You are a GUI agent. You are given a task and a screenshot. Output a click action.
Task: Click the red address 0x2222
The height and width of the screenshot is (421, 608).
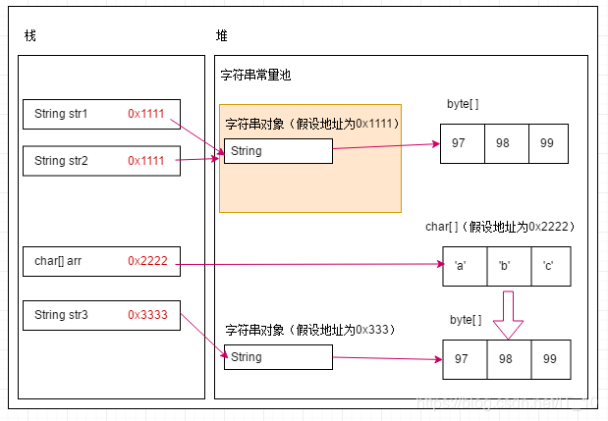pos(147,261)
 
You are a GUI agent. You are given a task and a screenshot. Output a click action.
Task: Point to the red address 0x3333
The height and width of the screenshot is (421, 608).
pos(147,315)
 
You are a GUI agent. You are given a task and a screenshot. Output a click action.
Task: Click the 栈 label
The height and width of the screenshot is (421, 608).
pos(30,36)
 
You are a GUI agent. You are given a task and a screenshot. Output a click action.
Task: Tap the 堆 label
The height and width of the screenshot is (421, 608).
pos(222,36)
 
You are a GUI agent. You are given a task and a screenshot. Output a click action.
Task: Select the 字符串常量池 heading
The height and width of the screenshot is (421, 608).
pos(255,76)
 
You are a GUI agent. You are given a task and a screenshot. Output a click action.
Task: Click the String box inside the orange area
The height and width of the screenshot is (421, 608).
pos(278,151)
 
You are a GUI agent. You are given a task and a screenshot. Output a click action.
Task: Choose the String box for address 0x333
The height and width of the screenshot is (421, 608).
pos(278,357)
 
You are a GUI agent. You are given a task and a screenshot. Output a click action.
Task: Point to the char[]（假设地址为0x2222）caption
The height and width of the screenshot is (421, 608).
pos(499,227)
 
